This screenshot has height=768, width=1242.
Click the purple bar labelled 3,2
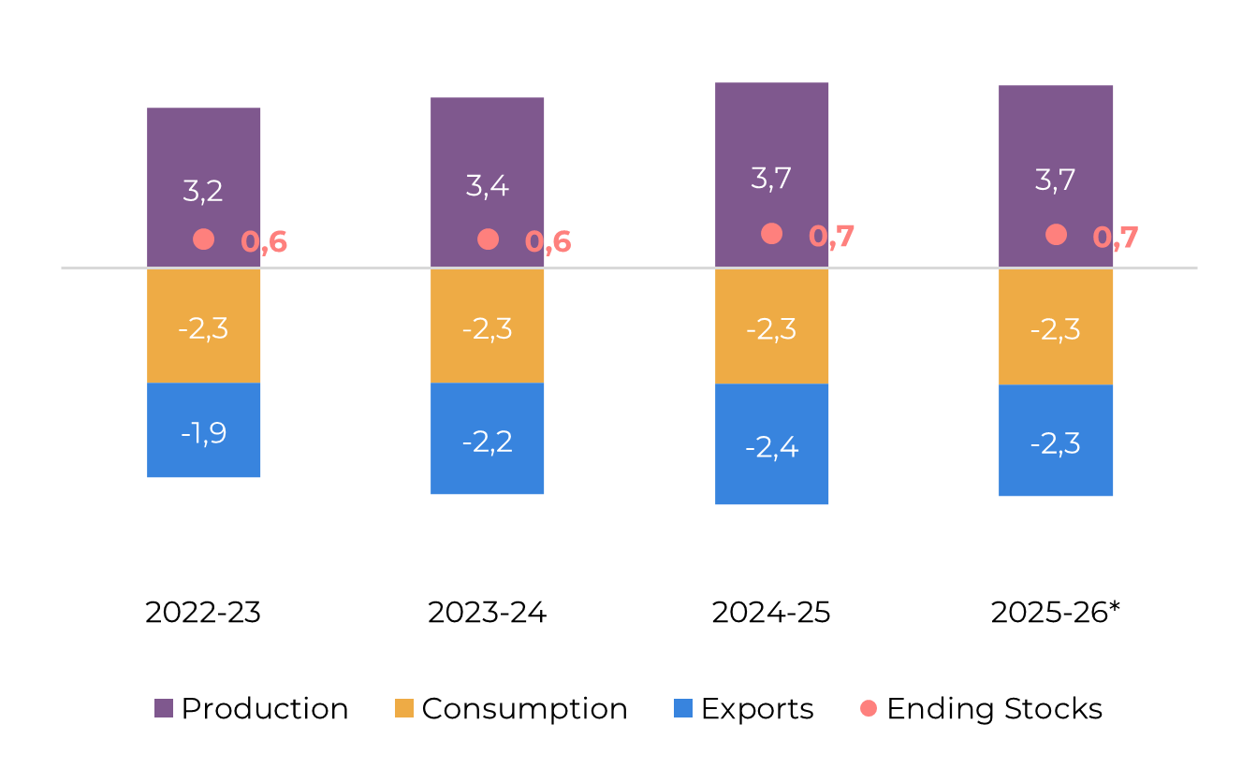203,150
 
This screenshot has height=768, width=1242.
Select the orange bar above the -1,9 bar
203,355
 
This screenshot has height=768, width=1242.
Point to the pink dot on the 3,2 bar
203,239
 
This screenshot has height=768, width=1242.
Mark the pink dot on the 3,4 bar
488,239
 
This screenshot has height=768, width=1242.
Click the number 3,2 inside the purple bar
203,191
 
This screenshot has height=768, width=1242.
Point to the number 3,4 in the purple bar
487,185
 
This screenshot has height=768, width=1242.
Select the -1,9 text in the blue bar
203,433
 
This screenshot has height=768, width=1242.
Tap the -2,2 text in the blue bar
487,442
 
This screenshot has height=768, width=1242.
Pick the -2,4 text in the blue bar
771,447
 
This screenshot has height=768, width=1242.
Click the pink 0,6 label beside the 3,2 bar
264,242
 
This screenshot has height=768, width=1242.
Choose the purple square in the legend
164,708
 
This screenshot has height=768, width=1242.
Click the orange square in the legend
404,708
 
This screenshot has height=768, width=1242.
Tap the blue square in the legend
683,708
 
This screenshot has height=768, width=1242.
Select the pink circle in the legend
869,708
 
